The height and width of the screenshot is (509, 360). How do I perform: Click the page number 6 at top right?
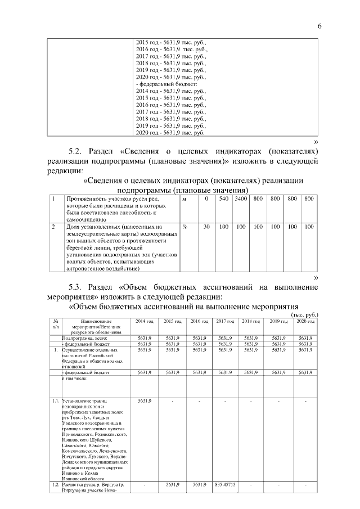(319, 26)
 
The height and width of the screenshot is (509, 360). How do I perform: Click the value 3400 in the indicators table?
(241, 199)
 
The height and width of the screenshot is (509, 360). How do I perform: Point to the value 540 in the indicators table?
(223, 199)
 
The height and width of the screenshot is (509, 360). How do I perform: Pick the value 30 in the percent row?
(206, 227)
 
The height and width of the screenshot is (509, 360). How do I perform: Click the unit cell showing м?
(184, 199)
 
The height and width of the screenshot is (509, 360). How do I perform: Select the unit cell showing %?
(184, 227)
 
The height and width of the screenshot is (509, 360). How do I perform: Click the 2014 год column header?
(145, 321)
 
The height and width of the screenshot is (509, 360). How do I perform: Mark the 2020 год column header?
(305, 321)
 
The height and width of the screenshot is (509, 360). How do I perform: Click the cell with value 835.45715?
(224, 484)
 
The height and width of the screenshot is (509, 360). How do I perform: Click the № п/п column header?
(56, 323)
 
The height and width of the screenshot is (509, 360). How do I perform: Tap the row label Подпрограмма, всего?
(84, 337)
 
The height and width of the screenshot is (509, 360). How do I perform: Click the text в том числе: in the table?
(75, 379)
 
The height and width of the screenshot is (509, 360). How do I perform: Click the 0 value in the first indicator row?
(206, 199)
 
